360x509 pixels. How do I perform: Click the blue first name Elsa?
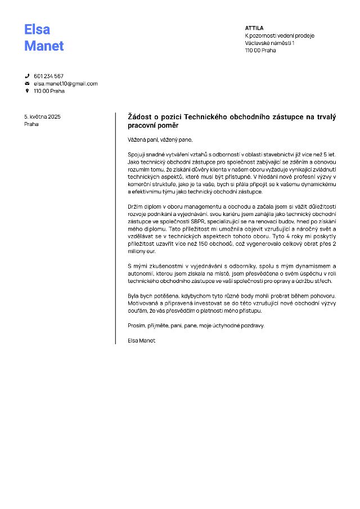pyautogui.click(x=37, y=29)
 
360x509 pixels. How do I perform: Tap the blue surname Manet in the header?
pyautogui.click(x=44, y=46)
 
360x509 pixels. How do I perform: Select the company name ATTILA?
pyautogui.click(x=254, y=28)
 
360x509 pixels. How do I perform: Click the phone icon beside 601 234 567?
pyautogui.click(x=27, y=76)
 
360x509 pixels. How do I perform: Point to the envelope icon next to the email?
pyautogui.click(x=27, y=83)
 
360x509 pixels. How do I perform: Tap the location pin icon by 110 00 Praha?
pyautogui.click(x=27, y=91)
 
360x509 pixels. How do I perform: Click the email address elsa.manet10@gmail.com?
pyautogui.click(x=65, y=83)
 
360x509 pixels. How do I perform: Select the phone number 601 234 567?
pyautogui.click(x=48, y=76)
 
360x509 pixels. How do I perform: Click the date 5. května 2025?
pyautogui.click(x=42, y=116)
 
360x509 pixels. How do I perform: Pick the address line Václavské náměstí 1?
pyautogui.click(x=270, y=43)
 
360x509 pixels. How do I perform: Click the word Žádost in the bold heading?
pyautogui.click(x=142, y=117)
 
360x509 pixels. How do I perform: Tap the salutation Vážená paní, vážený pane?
pyautogui.click(x=160, y=139)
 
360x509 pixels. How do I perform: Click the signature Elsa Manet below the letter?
pyautogui.click(x=141, y=340)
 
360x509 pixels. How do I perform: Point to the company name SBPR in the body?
pyautogui.click(x=197, y=222)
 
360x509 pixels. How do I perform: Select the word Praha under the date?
pyautogui.click(x=31, y=124)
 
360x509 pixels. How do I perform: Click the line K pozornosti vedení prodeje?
pyautogui.click(x=280, y=35)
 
